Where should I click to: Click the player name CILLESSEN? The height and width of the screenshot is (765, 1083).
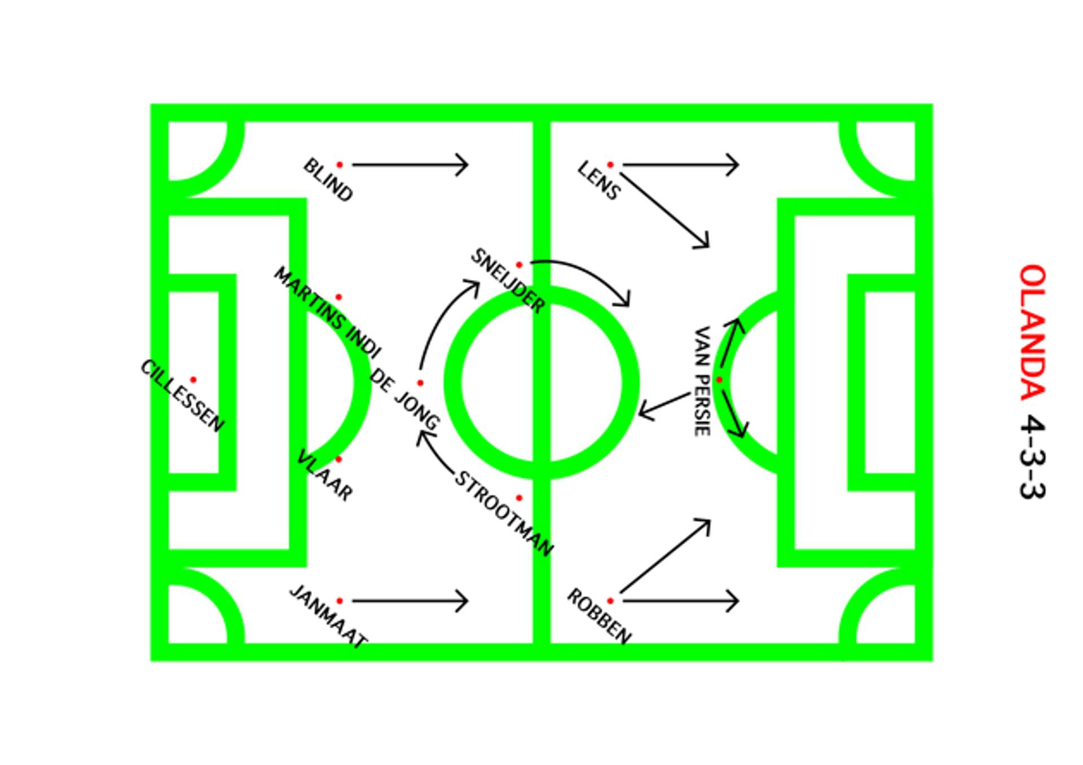182,396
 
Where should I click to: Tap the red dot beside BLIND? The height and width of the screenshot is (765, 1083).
340,165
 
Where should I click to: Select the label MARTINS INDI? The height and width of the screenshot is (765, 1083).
327,312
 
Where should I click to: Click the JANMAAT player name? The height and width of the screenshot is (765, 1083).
328,617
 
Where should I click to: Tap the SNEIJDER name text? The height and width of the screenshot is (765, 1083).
508,281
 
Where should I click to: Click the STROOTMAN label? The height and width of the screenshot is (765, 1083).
504,513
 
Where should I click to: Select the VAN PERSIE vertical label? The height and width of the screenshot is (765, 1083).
701,381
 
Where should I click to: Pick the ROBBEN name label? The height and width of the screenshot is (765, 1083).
598,617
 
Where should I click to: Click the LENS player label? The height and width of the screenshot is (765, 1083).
598,181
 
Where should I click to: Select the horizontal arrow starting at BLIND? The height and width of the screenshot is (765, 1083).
410,165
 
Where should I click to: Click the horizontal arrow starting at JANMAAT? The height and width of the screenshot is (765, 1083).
410,601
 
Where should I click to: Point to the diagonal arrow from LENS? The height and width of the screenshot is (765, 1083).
664,210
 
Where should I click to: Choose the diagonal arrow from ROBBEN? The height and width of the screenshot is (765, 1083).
664,556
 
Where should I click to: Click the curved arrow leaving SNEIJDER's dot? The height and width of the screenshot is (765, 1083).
587,274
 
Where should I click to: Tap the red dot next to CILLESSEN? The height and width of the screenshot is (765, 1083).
193,380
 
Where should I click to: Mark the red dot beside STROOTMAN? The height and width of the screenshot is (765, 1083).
519,498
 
